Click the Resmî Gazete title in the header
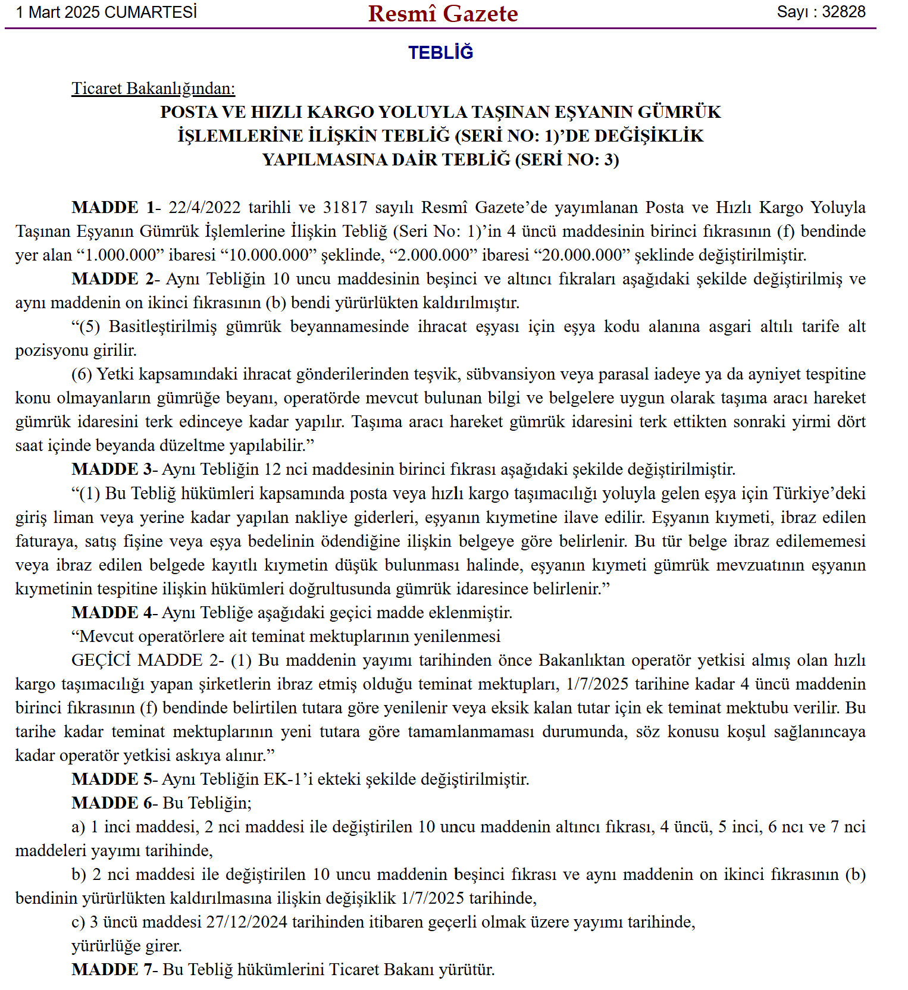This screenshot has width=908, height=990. (443, 14)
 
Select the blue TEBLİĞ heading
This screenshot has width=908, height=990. (441, 52)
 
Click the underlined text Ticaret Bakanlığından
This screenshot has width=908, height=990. (153, 89)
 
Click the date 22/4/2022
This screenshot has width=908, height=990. (204, 208)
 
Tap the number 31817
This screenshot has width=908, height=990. (345, 208)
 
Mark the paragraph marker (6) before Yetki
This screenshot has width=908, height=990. (82, 374)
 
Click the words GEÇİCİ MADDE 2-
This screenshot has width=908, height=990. (148, 660)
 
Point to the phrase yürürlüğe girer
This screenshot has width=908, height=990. (127, 946)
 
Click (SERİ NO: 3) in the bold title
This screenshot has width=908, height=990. (567, 160)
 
